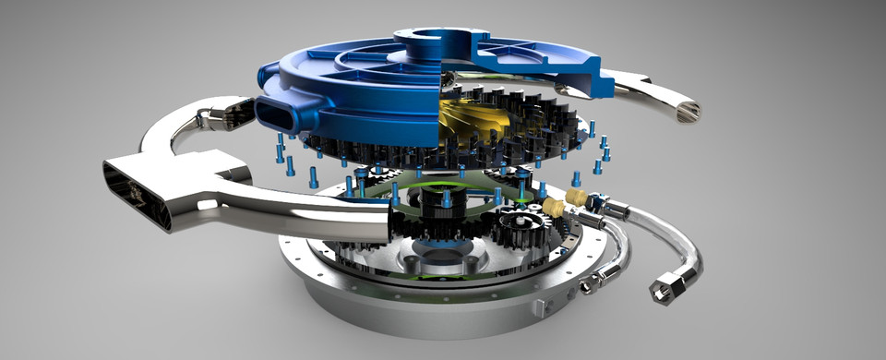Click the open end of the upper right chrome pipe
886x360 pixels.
[687, 112]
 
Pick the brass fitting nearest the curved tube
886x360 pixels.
[579, 198]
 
